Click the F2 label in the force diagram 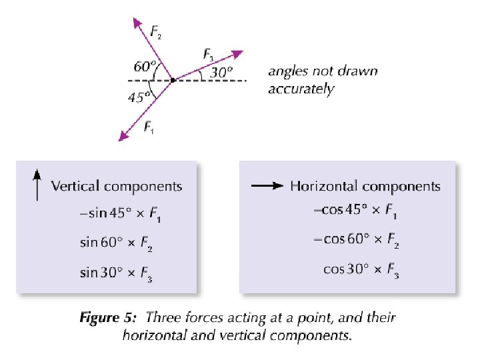155,33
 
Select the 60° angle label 145,67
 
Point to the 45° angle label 138,97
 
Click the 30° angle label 222,72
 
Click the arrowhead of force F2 138,23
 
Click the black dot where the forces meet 173,80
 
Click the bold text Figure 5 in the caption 109,317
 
